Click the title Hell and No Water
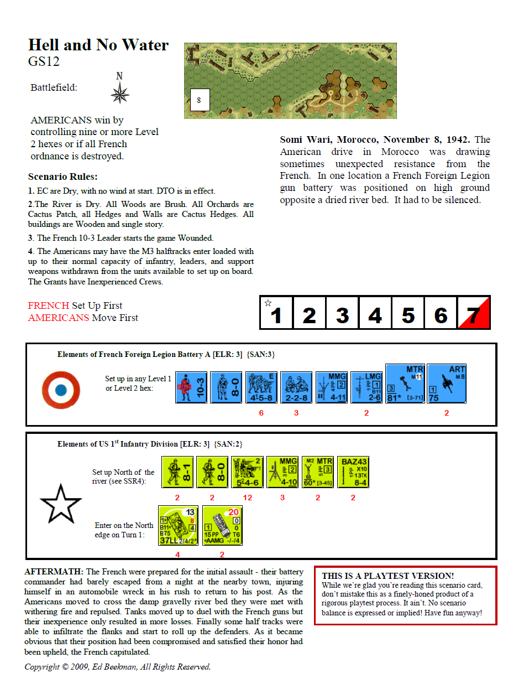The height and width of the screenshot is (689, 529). [98, 45]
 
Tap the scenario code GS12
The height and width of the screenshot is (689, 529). [44, 61]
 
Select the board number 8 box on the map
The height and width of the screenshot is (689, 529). [199, 100]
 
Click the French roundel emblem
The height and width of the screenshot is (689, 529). [61, 390]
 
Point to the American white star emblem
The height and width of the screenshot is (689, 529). [61, 504]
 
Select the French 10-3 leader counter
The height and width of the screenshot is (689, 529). [191, 387]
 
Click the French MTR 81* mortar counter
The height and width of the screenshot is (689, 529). [405, 383]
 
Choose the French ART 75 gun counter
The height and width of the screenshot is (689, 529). [447, 383]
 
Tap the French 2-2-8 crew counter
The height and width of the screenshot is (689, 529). [296, 387]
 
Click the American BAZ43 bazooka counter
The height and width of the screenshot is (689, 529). [353, 472]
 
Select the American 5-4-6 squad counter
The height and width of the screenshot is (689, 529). [247, 472]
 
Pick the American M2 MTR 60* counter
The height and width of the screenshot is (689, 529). [318, 472]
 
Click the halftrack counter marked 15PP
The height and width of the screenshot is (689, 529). [222, 526]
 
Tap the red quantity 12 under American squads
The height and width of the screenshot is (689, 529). [247, 498]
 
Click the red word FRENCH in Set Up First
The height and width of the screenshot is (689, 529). [49, 305]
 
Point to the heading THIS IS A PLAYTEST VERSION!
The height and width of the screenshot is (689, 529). [387, 576]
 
